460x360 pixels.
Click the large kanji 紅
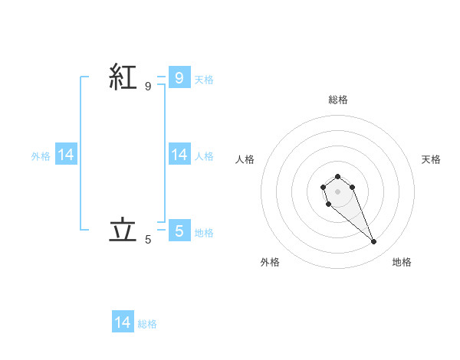[123, 77]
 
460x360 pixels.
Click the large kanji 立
[123, 230]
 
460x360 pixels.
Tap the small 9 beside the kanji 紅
[148, 87]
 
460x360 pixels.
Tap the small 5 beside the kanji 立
[148, 240]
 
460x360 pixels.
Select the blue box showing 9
[179, 77]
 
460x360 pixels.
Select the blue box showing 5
[179, 231]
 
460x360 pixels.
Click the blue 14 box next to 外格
[66, 155]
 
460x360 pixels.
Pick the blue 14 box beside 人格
[179, 155]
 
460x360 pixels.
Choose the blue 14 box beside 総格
[123, 322]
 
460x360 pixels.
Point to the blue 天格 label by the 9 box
[204, 80]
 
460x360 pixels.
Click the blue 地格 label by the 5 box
[204, 233]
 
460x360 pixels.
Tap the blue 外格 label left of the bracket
[41, 156]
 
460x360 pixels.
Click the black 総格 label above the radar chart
[337, 100]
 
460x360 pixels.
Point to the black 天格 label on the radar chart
[432, 159]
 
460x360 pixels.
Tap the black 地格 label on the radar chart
[402, 262]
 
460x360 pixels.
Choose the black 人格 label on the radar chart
[245, 159]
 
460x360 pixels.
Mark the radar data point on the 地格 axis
[374, 242]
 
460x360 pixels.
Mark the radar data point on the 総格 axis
[337, 176]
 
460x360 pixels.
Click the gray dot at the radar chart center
[337, 191]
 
